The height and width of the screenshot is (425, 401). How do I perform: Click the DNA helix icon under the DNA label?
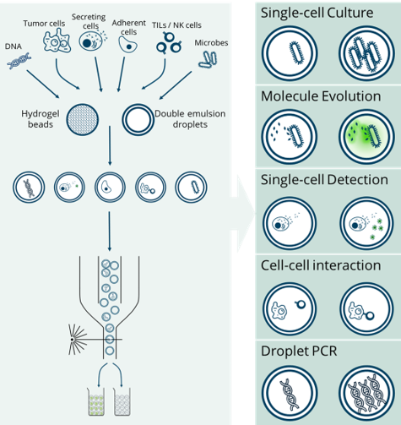point(19,61)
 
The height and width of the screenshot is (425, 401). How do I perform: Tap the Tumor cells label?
point(44,24)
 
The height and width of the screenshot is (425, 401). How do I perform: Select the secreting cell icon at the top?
point(92,41)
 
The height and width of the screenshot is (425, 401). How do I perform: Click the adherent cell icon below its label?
point(127,45)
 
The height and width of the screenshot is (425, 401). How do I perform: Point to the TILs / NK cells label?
point(176,25)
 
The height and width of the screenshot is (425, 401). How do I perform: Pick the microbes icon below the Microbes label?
point(208,59)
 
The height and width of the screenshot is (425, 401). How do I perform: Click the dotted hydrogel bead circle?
point(83,120)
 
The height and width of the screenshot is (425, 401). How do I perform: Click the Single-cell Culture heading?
point(317,13)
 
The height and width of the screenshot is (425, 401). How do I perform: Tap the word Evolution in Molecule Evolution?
point(351,96)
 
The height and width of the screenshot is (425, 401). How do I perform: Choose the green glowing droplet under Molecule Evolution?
point(366,137)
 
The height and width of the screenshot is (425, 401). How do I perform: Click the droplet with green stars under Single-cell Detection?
point(366,223)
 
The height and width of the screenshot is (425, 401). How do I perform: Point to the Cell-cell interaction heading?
point(321,265)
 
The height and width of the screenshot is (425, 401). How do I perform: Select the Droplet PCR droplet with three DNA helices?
point(366,393)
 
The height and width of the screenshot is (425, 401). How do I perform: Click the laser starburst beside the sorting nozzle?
point(78,340)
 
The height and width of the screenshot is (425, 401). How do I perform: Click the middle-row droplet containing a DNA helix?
point(29,188)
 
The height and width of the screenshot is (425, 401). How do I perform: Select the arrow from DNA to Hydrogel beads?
point(43,84)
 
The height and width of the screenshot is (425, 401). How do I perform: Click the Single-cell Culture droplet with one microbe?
point(290,53)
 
